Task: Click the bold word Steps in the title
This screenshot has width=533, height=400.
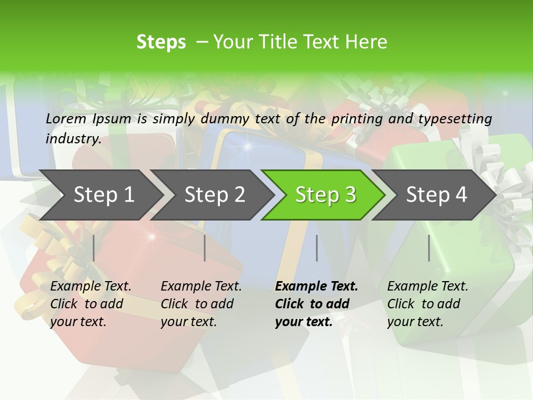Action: tap(161, 42)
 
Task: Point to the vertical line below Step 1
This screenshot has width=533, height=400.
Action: tap(94, 248)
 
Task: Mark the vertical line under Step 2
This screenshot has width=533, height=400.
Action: tap(205, 248)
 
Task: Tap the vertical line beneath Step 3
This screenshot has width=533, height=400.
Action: tap(316, 248)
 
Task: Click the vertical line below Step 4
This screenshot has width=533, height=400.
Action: tap(429, 248)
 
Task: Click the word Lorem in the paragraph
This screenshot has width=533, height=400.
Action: tap(66, 118)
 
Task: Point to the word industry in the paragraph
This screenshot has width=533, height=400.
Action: tap(73, 138)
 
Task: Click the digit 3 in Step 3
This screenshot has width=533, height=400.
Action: tap(350, 194)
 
